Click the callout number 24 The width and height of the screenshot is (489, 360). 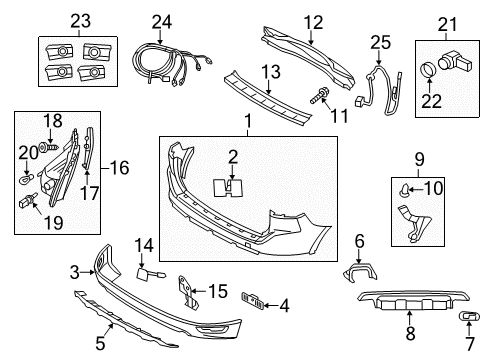pyautogui.click(x=162, y=22)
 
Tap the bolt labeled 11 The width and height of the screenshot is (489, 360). pyautogui.click(x=320, y=95)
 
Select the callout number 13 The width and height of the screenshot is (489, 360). pyautogui.click(x=271, y=72)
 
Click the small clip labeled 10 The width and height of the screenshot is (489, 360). pyautogui.click(x=404, y=191)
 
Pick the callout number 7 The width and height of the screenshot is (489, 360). pyautogui.click(x=469, y=344)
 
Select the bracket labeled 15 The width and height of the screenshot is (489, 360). pyautogui.click(x=187, y=292)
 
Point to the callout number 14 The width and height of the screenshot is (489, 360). pyautogui.click(x=144, y=246)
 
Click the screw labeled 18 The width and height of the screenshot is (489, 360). pyautogui.click(x=48, y=147)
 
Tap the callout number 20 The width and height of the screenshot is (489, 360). pyautogui.click(x=28, y=153)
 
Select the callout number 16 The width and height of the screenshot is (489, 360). pyautogui.click(x=119, y=168)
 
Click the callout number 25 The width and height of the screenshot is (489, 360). pyautogui.click(x=380, y=42)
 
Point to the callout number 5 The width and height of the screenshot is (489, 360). pyautogui.click(x=100, y=343)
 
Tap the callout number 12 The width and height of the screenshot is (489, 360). pyautogui.click(x=313, y=23)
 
